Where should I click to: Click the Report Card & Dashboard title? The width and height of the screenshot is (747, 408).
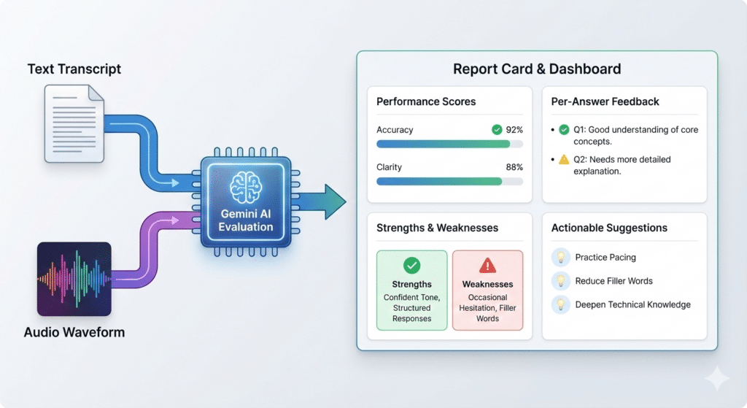[x=537, y=69]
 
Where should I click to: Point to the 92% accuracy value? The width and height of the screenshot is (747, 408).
[x=514, y=130]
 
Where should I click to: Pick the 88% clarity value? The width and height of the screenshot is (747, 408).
[x=514, y=167]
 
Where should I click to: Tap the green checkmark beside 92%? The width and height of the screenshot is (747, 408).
[x=497, y=130]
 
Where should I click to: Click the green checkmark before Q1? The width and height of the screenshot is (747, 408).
[x=564, y=130]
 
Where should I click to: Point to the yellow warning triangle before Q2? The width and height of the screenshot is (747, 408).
[x=564, y=160]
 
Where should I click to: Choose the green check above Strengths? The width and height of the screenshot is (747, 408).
[x=411, y=266]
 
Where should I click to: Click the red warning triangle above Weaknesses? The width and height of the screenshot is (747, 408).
[x=487, y=266]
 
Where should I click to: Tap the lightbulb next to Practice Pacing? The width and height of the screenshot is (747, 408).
[x=561, y=257]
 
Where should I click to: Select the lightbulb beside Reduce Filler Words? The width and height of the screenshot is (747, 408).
[x=561, y=281]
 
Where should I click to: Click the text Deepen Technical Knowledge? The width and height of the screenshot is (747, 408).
[x=632, y=304]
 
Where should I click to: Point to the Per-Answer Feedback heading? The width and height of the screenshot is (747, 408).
[x=605, y=101]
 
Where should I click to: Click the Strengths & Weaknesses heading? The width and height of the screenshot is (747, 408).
[x=437, y=228]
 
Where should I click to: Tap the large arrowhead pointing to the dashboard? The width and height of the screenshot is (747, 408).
[x=334, y=201]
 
